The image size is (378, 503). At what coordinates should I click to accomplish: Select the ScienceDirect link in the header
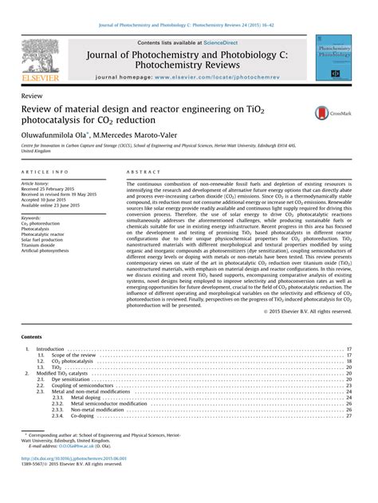[209, 42]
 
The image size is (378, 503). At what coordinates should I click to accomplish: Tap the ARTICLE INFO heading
[44, 172]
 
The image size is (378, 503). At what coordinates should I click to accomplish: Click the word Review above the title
[33, 94]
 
